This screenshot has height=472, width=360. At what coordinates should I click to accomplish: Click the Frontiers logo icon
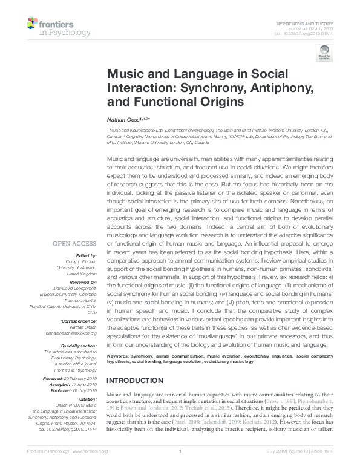click(x=33, y=24)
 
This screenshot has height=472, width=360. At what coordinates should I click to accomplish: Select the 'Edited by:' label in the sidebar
click(x=86, y=256)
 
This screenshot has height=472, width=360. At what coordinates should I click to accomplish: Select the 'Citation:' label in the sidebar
click(x=87, y=399)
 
